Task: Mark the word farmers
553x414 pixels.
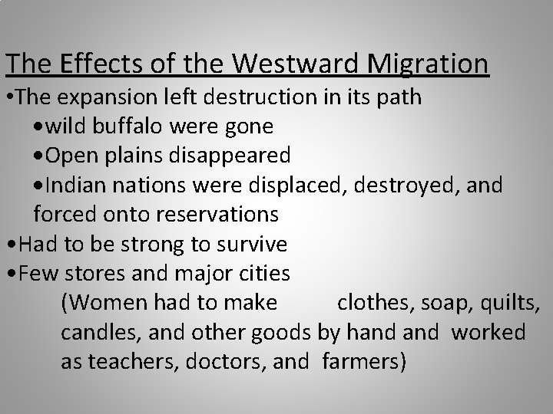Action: coord(362,360)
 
